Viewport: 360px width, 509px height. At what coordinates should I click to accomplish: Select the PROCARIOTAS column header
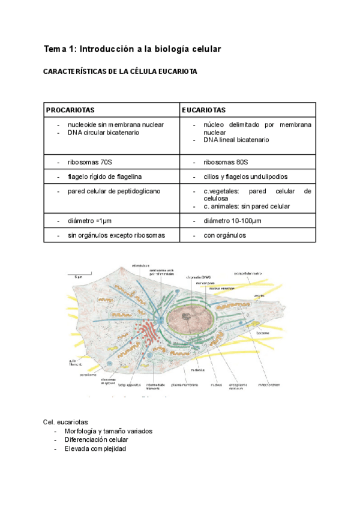[x=70, y=110]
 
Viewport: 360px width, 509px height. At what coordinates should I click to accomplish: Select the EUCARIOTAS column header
[x=204, y=110]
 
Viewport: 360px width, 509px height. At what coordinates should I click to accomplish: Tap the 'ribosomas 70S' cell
[x=90, y=162]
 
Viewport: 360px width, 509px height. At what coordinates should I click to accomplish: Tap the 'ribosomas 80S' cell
[x=226, y=162]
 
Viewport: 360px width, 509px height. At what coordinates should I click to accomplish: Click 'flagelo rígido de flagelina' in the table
[x=105, y=176]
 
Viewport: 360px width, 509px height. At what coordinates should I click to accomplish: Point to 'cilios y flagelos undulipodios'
[x=245, y=176]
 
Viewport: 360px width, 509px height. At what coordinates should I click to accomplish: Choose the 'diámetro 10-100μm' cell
[x=232, y=220]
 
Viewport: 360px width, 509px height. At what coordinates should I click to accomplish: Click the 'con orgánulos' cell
[x=224, y=235]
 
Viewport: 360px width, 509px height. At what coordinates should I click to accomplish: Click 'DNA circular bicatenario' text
[x=103, y=132]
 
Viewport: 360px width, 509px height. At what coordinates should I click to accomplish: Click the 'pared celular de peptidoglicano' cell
[x=113, y=191]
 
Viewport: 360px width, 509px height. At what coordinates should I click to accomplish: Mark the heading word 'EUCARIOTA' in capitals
[x=176, y=71]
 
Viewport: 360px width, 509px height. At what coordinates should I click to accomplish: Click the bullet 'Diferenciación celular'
[x=97, y=439]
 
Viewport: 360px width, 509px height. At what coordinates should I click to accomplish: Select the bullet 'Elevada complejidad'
[x=95, y=448]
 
